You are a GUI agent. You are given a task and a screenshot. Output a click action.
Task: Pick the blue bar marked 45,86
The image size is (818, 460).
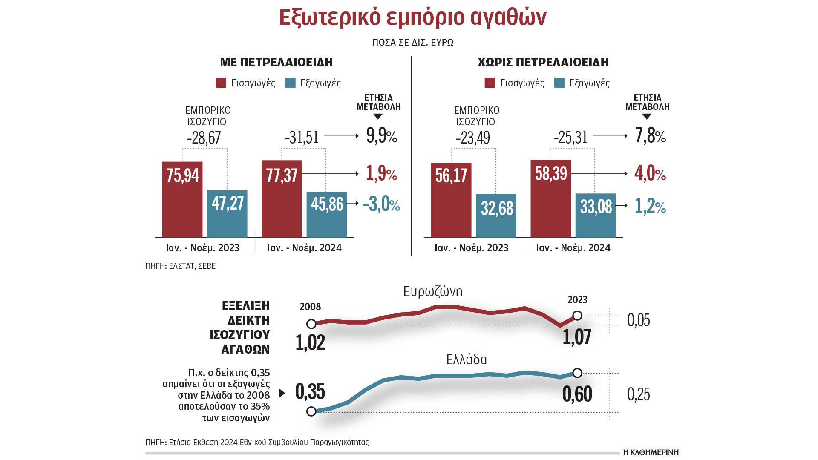(x=327, y=215)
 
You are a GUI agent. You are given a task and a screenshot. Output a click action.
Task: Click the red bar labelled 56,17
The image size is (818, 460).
(x=451, y=200)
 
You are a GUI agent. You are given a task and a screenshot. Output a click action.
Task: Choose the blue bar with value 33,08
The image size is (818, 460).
(x=596, y=216)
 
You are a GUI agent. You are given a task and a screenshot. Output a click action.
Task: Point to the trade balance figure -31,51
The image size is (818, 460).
(x=302, y=137)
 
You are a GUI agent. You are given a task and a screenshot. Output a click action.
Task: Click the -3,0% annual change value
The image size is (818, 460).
(x=381, y=204)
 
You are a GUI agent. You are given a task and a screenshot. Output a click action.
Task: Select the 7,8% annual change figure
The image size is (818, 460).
(x=650, y=136)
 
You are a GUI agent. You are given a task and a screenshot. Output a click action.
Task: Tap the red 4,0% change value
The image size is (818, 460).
(x=650, y=173)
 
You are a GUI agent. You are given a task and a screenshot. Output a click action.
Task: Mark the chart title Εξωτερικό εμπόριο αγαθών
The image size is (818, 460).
(x=412, y=18)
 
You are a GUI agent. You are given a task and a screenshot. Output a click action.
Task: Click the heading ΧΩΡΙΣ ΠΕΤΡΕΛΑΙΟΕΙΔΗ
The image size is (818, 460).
(x=543, y=62)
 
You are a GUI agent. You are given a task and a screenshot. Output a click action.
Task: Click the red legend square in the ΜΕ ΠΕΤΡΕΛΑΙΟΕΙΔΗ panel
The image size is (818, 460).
(x=221, y=83)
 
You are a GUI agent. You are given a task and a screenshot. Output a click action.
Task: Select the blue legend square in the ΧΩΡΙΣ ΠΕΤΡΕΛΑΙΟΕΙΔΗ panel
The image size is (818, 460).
(x=559, y=83)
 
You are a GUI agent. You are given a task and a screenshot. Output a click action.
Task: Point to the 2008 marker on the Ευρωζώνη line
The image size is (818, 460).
(x=311, y=324)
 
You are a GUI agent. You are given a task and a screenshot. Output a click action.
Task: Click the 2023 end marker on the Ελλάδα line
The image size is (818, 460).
(x=577, y=373)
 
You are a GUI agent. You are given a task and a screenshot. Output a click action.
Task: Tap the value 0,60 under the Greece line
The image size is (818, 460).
(x=577, y=394)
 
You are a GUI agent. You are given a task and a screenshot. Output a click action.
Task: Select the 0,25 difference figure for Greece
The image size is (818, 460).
(x=639, y=394)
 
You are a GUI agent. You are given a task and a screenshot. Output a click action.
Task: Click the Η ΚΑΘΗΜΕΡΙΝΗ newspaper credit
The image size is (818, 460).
(x=651, y=452)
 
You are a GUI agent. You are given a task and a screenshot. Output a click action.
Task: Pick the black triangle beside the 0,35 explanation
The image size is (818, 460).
(x=282, y=393)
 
